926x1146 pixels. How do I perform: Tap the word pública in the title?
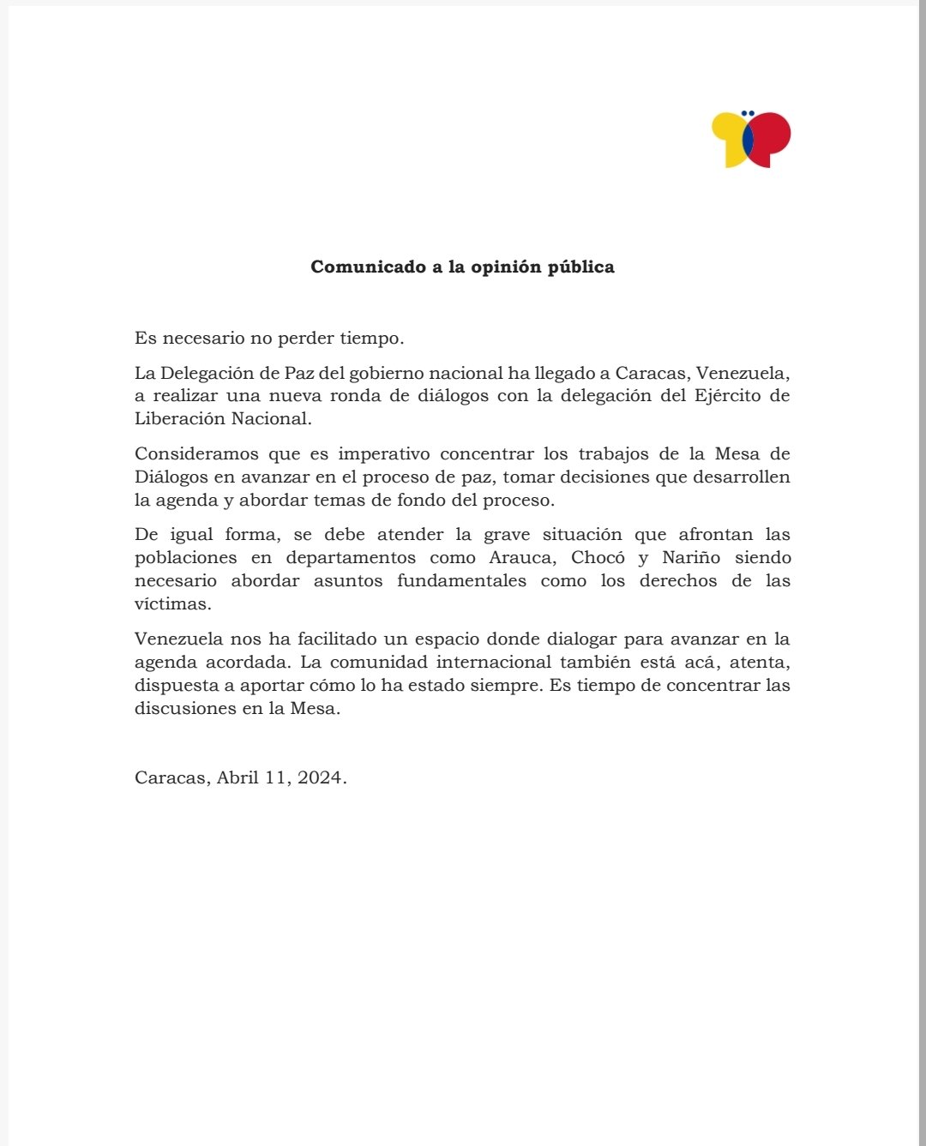(580, 267)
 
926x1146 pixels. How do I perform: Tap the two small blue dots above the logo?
(748, 113)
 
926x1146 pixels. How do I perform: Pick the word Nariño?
(691, 558)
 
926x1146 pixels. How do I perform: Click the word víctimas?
(171, 604)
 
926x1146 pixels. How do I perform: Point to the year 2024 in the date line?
(320, 778)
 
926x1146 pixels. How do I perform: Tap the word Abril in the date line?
(238, 778)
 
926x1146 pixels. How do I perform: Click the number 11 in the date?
(278, 778)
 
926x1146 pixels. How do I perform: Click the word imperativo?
(384, 454)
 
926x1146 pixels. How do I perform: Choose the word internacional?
(494, 663)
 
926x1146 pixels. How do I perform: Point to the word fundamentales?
(461, 581)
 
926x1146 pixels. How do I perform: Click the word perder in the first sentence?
(305, 339)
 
